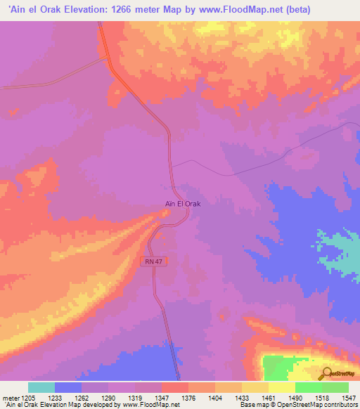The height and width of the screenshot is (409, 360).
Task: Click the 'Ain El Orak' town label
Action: [183, 204]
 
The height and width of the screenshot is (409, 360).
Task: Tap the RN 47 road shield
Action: [155, 261]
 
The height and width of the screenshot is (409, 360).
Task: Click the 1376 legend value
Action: [188, 397]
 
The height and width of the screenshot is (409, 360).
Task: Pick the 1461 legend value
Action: [269, 397]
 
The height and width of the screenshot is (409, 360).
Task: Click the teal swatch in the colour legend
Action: [41, 387]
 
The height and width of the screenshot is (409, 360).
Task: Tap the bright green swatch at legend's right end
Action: [335, 387]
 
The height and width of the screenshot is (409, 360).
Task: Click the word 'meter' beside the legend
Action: [11, 397]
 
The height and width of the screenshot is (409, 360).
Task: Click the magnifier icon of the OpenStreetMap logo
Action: [327, 373]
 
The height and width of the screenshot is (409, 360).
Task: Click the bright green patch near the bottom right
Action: [285, 367]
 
